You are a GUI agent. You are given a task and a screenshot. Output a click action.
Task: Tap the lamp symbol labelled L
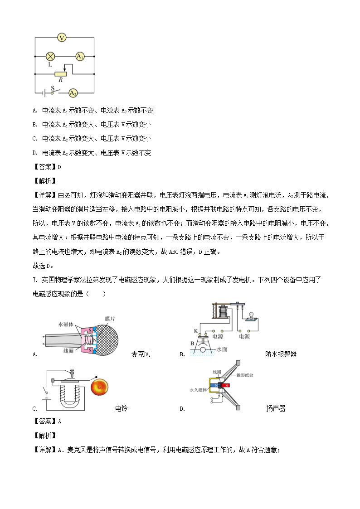(51, 57)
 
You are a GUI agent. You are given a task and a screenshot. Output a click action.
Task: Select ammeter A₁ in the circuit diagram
(80, 57)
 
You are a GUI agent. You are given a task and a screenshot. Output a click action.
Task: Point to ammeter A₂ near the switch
(73, 93)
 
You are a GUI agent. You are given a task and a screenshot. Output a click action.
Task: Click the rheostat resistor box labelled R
(60, 74)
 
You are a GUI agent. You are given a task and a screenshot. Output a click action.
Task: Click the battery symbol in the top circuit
(43, 93)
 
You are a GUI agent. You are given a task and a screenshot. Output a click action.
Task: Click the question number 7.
(34, 280)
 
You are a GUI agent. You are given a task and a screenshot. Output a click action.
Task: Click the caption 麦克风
(141, 354)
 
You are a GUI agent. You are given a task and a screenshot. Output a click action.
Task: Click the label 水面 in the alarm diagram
(222, 349)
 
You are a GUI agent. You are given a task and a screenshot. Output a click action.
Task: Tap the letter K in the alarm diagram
(196, 331)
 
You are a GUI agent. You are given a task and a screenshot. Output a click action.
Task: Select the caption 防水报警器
(281, 354)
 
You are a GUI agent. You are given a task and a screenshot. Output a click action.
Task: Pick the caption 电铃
(122, 408)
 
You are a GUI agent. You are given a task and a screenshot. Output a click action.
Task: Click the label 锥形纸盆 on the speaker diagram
(245, 375)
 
